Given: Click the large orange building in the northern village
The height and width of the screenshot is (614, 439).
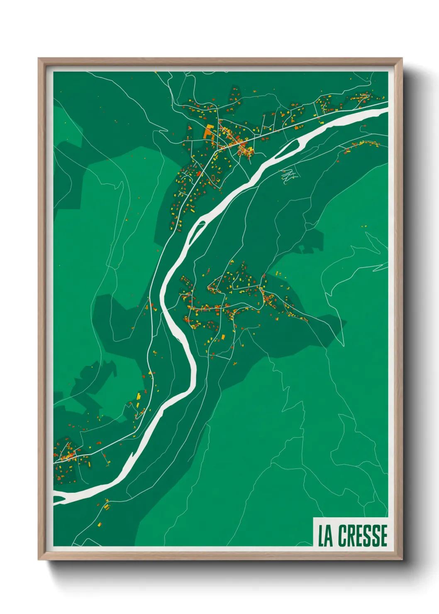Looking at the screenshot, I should (x=208, y=132).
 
